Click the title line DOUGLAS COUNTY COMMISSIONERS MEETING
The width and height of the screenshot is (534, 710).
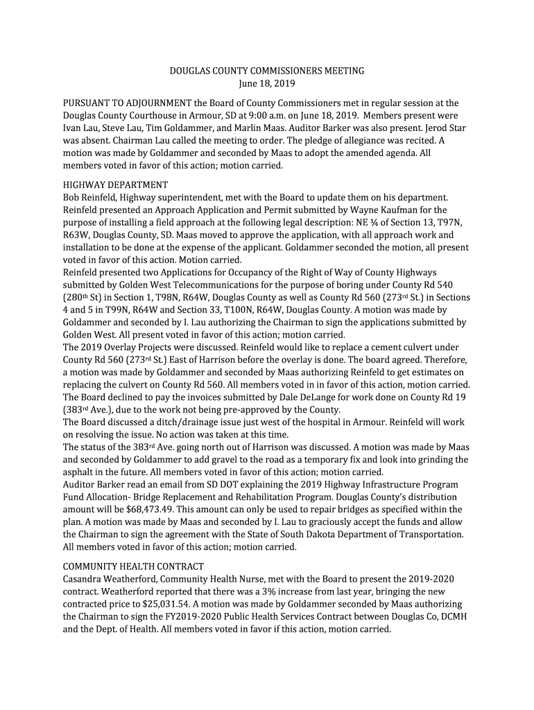(267, 71)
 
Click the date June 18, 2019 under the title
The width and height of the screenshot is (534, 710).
(267, 84)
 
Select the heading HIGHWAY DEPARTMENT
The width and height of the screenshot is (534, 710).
(115, 185)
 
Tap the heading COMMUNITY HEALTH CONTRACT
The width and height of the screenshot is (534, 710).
(133, 566)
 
